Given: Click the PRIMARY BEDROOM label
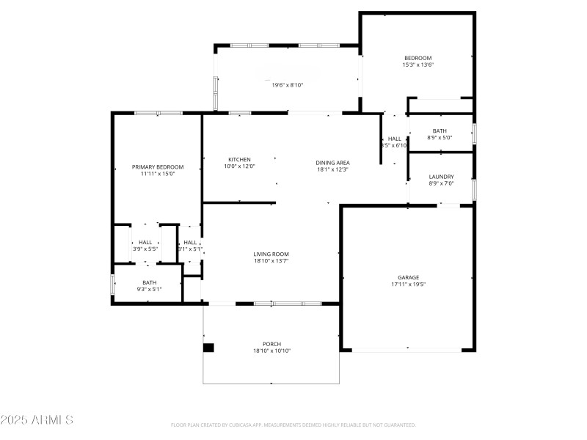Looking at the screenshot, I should (x=158, y=167).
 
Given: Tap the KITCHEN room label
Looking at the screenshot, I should (x=239, y=160).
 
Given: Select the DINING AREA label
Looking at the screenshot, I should (x=332, y=163).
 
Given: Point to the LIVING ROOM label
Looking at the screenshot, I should (x=271, y=254).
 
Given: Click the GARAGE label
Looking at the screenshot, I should (x=408, y=277).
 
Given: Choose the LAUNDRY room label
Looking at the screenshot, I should (x=441, y=177).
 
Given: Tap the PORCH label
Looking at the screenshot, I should (x=271, y=344).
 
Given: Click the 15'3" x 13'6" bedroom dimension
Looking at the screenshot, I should (x=418, y=65).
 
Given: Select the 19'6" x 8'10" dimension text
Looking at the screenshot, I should (x=288, y=85).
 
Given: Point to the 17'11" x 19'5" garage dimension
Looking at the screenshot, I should (x=408, y=284).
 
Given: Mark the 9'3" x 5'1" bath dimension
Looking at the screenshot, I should (x=149, y=289).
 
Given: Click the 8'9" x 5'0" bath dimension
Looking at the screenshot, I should (x=440, y=137).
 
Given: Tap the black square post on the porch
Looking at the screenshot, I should (x=208, y=348).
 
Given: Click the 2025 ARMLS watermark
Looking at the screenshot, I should (x=37, y=420).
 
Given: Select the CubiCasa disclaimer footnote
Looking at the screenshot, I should (x=293, y=425).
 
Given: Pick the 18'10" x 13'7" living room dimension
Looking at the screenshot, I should (x=271, y=260).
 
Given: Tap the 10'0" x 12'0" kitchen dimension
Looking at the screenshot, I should (x=239, y=166).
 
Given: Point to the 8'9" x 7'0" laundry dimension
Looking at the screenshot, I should (x=441, y=183).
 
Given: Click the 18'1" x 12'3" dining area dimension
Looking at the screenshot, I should (x=332, y=169).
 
